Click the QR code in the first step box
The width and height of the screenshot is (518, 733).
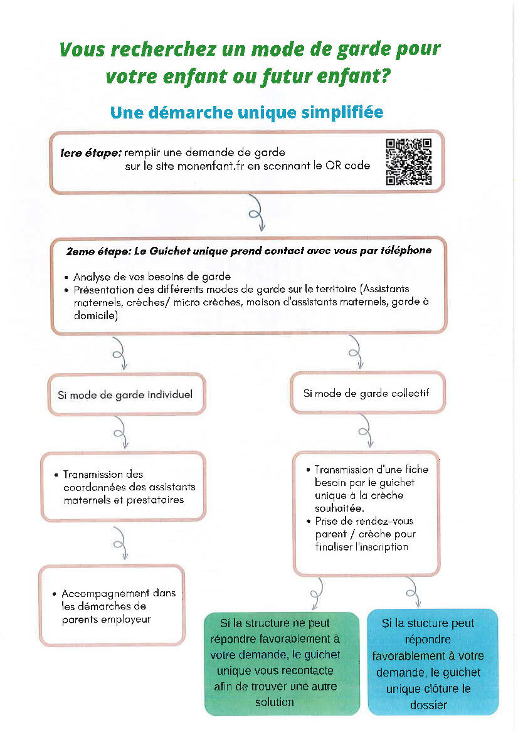click(409, 162)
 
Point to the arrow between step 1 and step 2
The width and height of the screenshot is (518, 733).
click(257, 213)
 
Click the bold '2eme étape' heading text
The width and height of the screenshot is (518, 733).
click(94, 250)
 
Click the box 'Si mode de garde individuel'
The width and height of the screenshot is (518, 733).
click(125, 394)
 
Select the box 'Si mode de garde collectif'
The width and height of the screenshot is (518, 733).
click(367, 393)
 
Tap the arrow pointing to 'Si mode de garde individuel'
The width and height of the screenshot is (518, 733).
click(119, 355)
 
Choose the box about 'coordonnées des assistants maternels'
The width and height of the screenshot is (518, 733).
click(124, 487)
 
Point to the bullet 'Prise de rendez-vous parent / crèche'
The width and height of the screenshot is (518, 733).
click(364, 534)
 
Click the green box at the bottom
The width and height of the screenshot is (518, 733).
click(282, 663)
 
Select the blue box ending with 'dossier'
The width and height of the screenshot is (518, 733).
click(432, 663)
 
